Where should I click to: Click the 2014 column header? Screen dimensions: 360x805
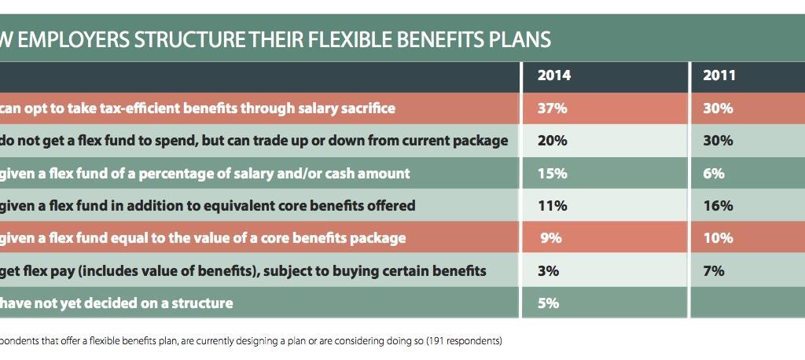coord(553,76)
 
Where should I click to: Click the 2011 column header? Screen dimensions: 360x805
coord(719,76)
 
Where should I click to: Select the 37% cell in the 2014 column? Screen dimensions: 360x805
coord(552,108)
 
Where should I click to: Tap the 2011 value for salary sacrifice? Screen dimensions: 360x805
coord(718,108)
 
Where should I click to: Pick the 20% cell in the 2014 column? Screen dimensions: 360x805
coord(552,141)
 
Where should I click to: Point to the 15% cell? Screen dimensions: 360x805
coord(552,173)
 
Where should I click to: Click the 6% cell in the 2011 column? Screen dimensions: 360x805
coord(714,173)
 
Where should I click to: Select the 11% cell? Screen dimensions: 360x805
coord(552,206)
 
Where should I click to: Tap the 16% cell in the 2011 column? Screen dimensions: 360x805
coord(718,206)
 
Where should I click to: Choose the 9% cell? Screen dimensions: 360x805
coord(553,238)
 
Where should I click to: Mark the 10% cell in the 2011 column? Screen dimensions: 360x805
coord(718,238)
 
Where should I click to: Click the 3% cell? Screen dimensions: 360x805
coord(548,270)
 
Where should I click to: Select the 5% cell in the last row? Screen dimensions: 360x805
coord(548,303)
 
